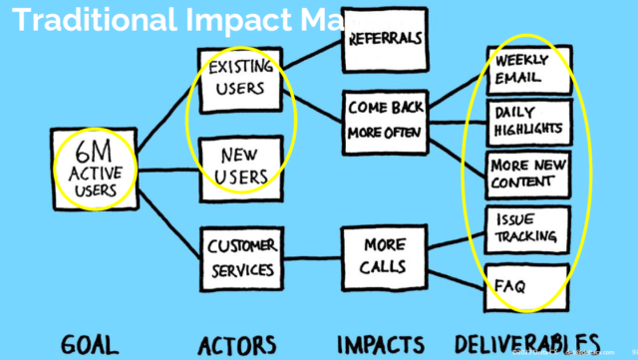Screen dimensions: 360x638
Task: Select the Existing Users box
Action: (241, 77)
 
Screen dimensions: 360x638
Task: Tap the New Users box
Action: (241, 166)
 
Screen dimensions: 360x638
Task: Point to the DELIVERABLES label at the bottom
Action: (526, 343)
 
